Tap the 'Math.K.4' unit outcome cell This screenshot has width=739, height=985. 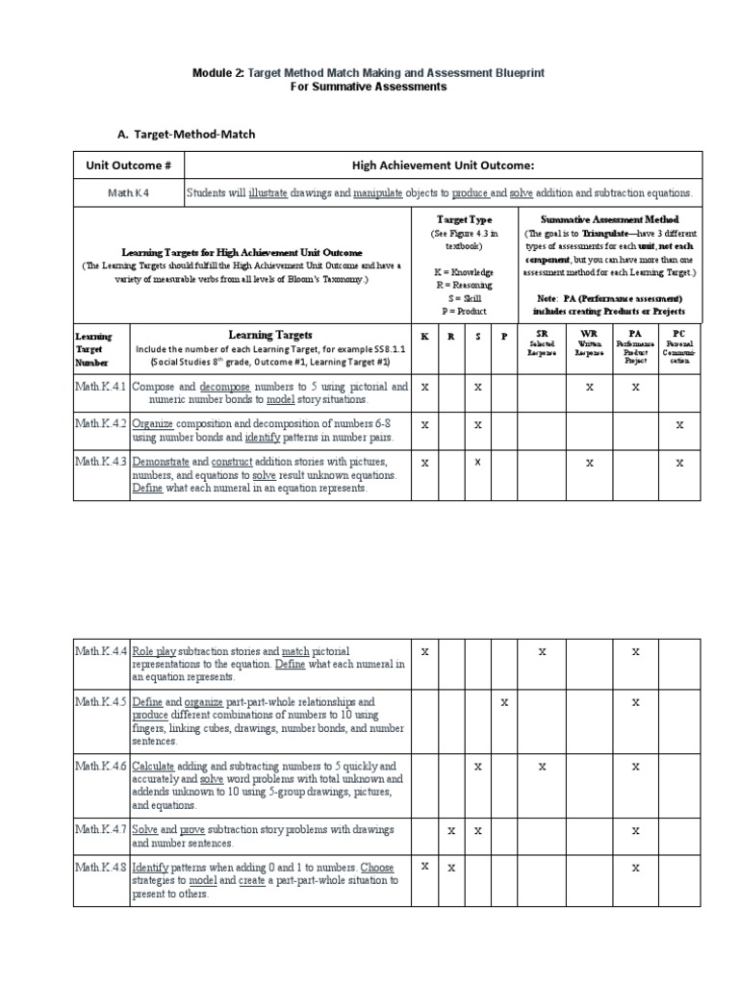tap(128, 193)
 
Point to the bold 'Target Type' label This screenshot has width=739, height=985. tap(464, 219)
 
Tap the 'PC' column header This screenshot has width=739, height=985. tap(679, 332)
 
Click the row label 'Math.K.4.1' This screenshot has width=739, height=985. tap(101, 386)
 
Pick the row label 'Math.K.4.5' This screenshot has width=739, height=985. tap(101, 702)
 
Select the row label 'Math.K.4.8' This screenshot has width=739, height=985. tap(101, 868)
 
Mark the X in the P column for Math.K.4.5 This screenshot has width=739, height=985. tap(504, 702)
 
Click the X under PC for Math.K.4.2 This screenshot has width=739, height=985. tap(679, 423)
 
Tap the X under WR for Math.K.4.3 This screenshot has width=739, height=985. tap(589, 463)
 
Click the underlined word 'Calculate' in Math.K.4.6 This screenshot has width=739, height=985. tap(153, 766)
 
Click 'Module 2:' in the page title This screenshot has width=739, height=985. tap(219, 73)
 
